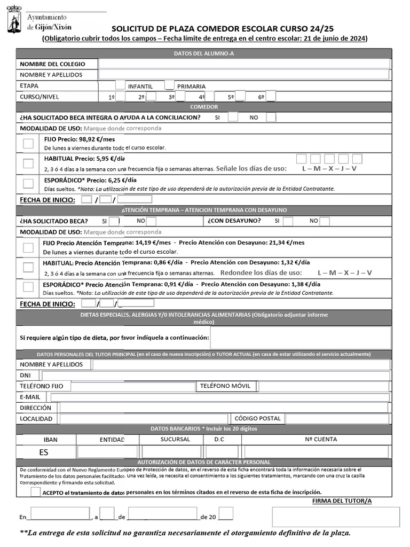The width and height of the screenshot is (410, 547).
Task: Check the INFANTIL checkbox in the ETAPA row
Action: (x=120, y=85)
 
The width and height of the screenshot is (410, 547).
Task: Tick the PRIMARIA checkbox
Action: (x=169, y=85)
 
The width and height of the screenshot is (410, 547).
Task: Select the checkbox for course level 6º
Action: (x=271, y=97)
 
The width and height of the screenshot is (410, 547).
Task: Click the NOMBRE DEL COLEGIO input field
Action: (x=244, y=64)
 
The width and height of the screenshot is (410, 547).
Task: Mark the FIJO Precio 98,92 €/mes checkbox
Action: (x=28, y=143)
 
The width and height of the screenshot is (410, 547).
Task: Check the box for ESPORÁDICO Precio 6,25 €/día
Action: (x=28, y=184)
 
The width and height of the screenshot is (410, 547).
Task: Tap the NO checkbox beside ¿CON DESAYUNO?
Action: (x=324, y=221)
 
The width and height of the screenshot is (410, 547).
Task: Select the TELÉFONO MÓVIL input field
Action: (x=324, y=386)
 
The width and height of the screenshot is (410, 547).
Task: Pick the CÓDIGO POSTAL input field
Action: (x=337, y=419)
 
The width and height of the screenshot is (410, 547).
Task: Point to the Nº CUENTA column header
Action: (x=321, y=439)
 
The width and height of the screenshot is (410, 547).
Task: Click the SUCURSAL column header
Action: (x=175, y=439)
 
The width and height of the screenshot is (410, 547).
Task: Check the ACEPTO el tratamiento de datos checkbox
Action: (x=35, y=492)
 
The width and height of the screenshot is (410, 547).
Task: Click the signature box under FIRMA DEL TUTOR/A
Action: (x=336, y=517)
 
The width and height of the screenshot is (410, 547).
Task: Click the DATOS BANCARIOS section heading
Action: (x=204, y=429)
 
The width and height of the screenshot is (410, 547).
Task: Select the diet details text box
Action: (x=301, y=338)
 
